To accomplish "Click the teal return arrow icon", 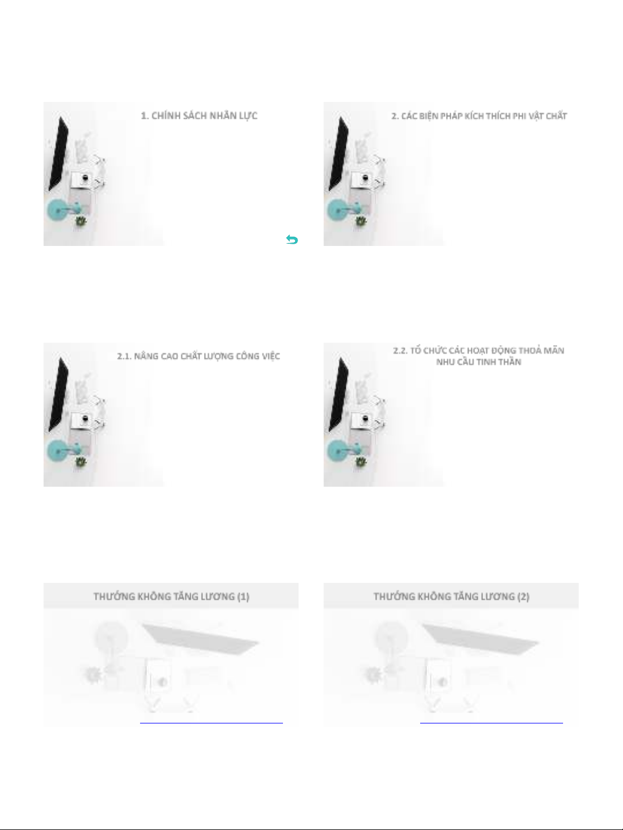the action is (292, 240).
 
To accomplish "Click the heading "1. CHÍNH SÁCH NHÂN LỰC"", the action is (199, 116).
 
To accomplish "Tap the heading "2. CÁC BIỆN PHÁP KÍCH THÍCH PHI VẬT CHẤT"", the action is (479, 116).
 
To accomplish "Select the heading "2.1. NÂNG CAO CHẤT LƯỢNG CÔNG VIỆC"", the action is (199, 356).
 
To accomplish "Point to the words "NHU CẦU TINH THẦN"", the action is (478, 362).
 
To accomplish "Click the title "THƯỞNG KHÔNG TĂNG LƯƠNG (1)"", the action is (171, 596).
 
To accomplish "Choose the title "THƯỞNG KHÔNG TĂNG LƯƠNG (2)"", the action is (451, 596).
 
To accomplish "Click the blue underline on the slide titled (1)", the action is (212, 723).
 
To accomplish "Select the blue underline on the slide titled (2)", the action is (492, 723).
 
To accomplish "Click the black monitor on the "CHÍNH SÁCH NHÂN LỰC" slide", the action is (58, 153).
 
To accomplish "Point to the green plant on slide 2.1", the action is (81, 462).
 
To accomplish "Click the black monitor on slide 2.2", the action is (338, 394).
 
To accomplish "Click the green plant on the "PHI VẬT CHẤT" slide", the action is (360, 221).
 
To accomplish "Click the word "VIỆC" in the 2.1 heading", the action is (270, 356).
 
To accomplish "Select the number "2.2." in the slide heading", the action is (401, 351).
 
